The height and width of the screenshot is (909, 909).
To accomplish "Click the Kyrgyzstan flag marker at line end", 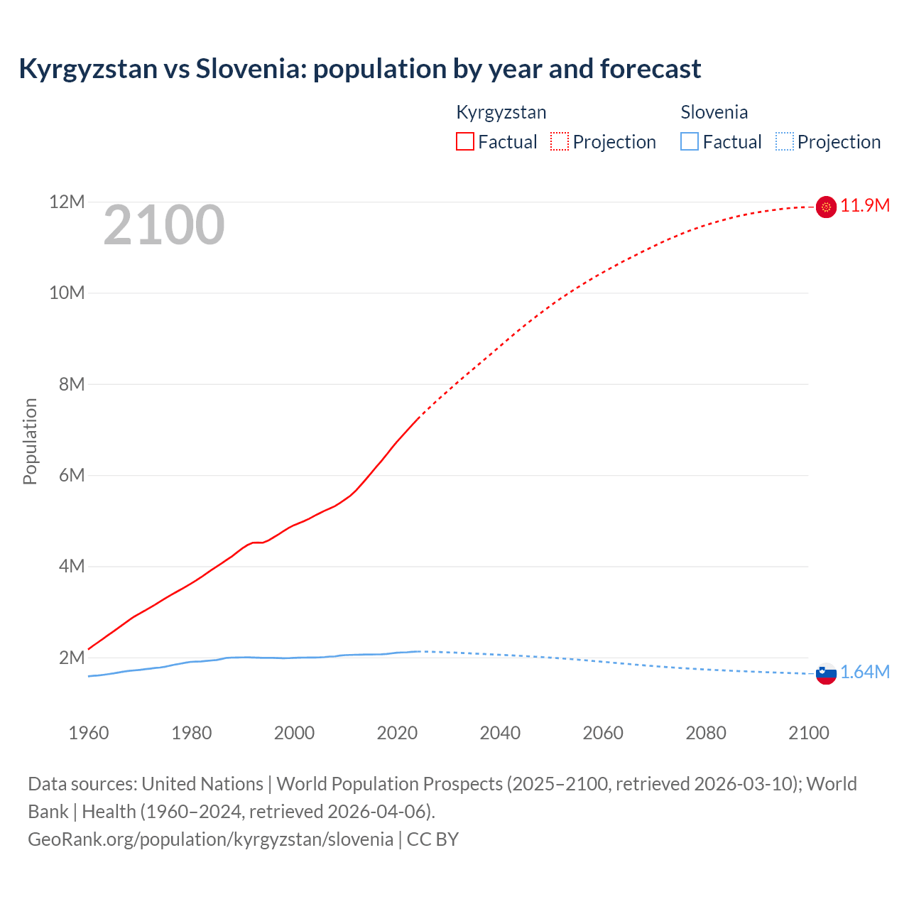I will click(x=826, y=207).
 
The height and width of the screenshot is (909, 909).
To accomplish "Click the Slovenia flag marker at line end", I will click(x=826, y=673).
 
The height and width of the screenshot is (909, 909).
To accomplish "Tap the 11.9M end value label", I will click(x=865, y=206).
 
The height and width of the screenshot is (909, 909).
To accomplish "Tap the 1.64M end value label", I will click(x=865, y=673).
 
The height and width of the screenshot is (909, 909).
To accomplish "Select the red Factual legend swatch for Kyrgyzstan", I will click(x=464, y=142).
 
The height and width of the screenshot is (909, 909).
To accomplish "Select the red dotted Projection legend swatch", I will click(x=560, y=142).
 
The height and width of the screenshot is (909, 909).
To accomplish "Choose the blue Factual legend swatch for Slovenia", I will click(x=689, y=142).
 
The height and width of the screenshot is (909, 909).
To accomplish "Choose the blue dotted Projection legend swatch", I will click(x=784, y=142).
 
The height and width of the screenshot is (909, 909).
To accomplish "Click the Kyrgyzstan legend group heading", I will click(x=501, y=112).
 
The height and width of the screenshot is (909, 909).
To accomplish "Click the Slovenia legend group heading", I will click(x=714, y=112).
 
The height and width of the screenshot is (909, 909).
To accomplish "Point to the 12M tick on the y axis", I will click(x=67, y=202).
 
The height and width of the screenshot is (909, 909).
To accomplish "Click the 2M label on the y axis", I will click(x=71, y=658).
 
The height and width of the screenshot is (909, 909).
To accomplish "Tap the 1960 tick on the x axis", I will click(x=89, y=733).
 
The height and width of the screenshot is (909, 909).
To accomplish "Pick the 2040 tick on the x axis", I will click(x=500, y=733).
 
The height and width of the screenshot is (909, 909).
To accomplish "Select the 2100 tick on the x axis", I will click(x=808, y=733).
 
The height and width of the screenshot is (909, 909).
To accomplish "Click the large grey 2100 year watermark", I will click(x=164, y=226).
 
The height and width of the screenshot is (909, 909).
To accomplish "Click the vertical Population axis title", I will click(x=30, y=441).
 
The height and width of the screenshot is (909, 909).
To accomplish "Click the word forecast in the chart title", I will click(x=650, y=69).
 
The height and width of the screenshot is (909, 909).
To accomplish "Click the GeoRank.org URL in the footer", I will click(x=210, y=839).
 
